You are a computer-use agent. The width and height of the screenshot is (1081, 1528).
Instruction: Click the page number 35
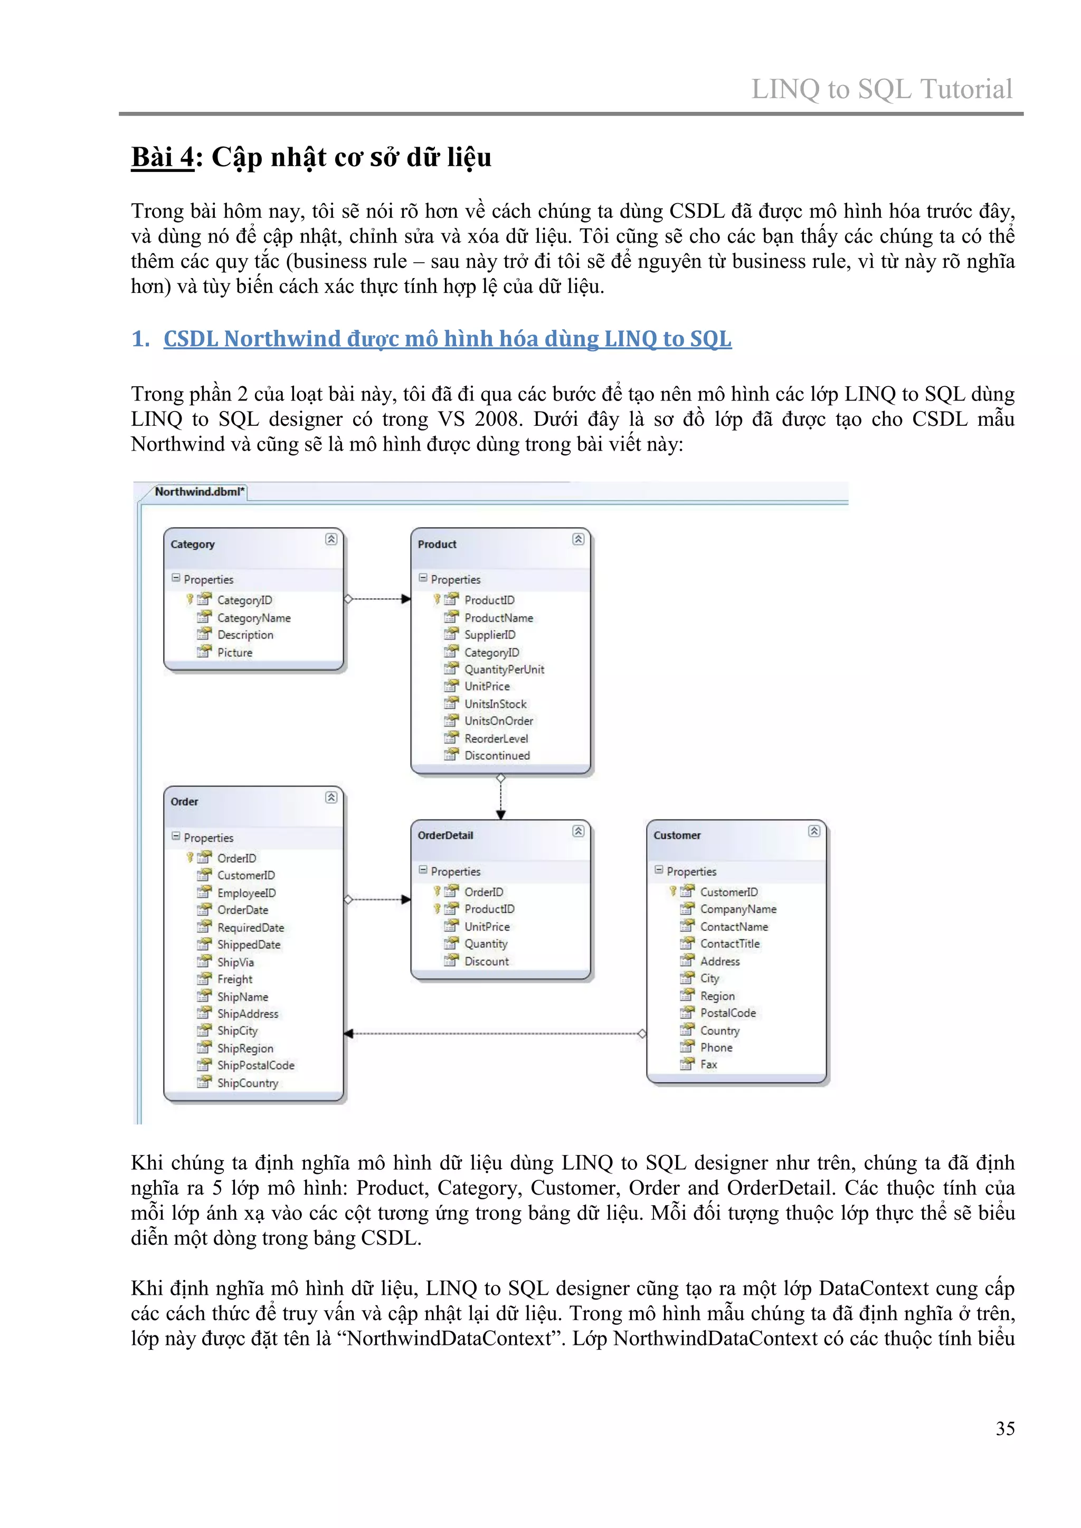pos(1004,1428)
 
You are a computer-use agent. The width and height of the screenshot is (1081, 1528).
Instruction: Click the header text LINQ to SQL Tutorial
pos(881,89)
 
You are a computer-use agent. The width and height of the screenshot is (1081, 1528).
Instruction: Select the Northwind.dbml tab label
pos(199,492)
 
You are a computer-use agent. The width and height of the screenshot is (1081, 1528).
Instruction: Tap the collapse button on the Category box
pos(331,539)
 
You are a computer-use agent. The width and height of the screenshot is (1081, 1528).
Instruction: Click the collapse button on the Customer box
pos(813,830)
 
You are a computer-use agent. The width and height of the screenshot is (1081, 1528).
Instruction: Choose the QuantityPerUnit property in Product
pos(504,670)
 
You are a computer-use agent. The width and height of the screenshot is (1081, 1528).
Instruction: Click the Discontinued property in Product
pos(497,756)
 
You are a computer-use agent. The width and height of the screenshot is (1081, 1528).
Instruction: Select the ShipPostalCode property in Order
pos(255,1065)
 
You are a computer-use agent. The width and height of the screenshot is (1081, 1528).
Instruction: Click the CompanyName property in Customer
pos(737,909)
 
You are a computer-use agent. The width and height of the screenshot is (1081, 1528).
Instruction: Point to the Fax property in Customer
pos(708,1064)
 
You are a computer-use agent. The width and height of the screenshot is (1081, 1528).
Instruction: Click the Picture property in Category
pos(235,652)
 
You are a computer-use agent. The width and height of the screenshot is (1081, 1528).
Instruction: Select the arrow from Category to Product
pos(377,599)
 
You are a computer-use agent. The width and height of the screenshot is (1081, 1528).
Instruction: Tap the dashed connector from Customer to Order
pos(492,1034)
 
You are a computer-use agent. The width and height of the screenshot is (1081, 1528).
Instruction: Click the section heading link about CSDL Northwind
pos(447,339)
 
